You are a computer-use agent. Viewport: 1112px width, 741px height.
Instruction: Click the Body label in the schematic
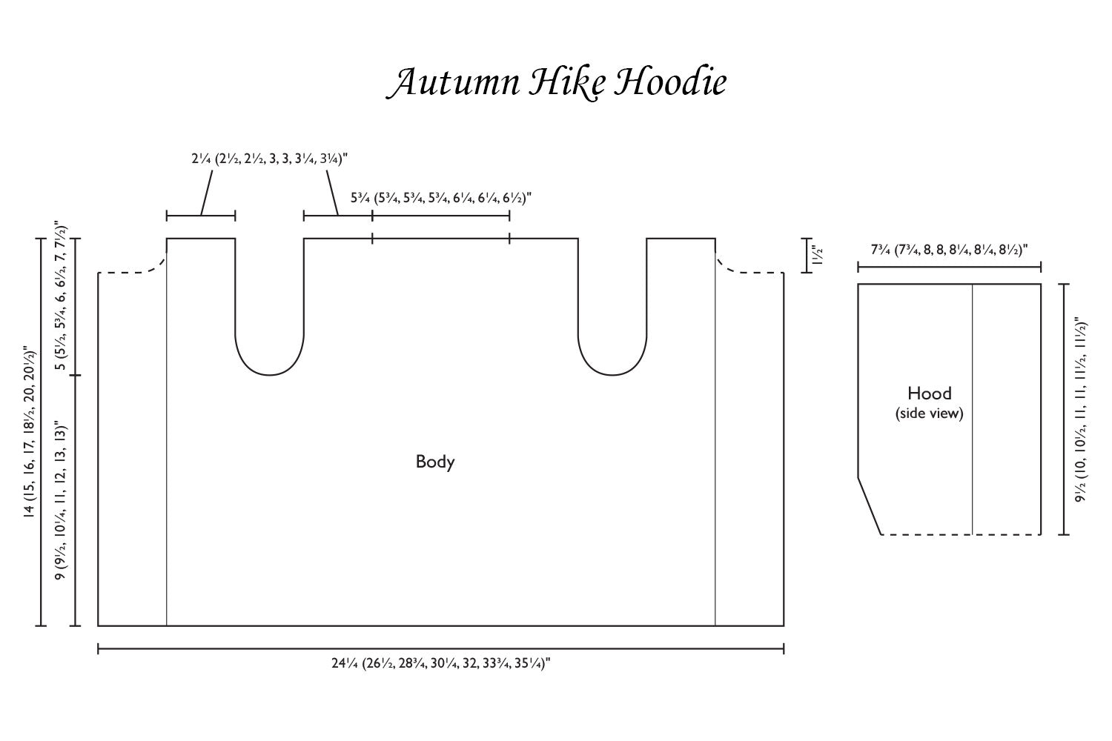click(435, 462)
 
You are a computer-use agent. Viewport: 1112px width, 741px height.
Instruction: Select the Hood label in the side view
click(929, 393)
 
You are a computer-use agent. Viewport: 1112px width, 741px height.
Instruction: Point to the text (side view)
click(929, 413)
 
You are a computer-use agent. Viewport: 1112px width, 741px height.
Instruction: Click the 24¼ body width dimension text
click(440, 664)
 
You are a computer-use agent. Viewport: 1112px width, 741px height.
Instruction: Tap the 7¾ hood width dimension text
click(950, 250)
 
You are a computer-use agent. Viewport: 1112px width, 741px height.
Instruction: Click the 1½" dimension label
click(818, 256)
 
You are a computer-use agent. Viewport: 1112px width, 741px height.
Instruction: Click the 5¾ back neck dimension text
click(441, 199)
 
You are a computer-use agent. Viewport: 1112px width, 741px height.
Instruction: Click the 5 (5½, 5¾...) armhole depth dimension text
click(64, 306)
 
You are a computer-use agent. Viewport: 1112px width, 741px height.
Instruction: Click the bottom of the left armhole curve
click(270, 375)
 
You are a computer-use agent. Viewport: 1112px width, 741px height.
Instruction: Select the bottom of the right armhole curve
click(612, 375)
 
